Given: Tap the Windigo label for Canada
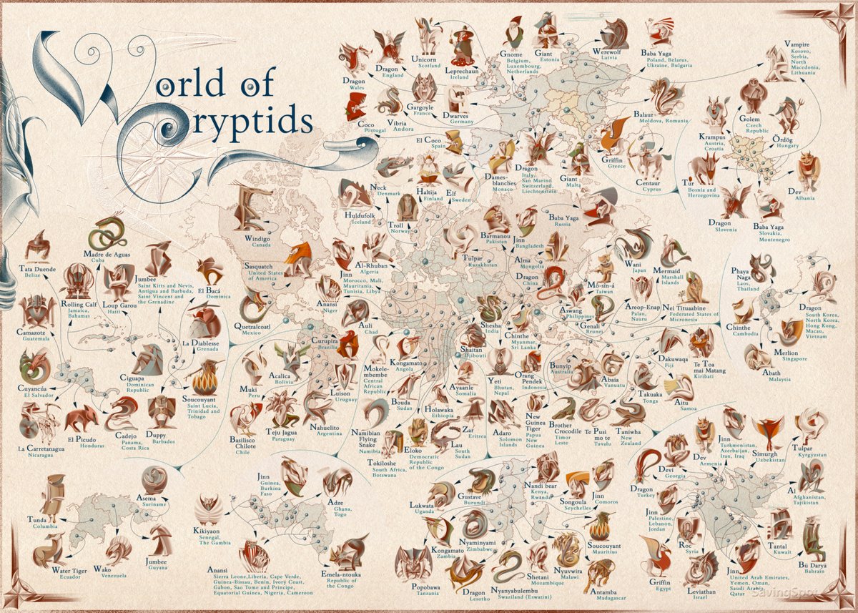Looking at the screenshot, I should coord(257,237).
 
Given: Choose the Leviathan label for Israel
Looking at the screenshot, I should coord(700,593).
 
